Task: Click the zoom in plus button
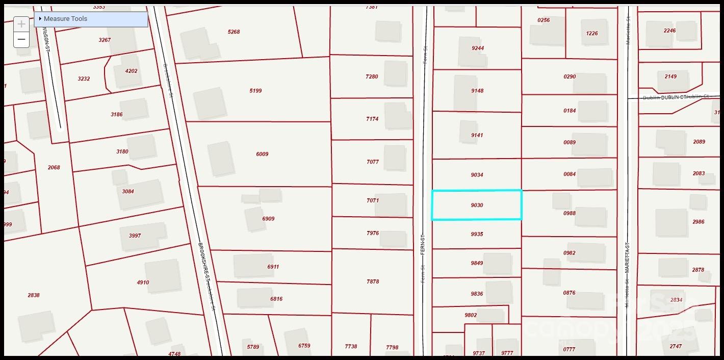[21, 24]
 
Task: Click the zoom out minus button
[21, 39]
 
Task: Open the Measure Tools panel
[65, 19]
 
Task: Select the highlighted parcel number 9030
[477, 205]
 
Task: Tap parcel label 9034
[477, 175]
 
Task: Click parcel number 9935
[477, 235]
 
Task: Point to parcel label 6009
[262, 154]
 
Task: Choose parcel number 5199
[255, 91]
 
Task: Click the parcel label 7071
[373, 201]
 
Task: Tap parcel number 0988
[570, 213]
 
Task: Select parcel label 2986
[698, 222]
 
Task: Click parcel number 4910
[143, 282]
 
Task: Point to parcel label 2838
[34, 295]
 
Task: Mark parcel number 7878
[373, 281]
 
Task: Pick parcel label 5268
[234, 32]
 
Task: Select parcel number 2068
[54, 168]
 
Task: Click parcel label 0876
[569, 293]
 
